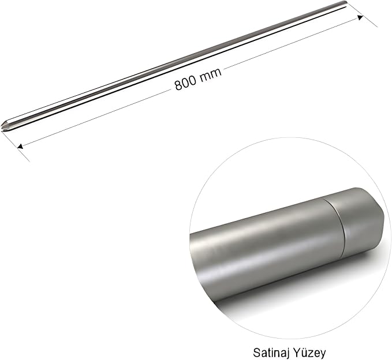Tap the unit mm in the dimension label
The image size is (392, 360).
click(x=211, y=74)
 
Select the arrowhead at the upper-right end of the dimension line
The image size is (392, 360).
click(x=360, y=17)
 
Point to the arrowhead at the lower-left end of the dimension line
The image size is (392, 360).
click(x=21, y=146)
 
